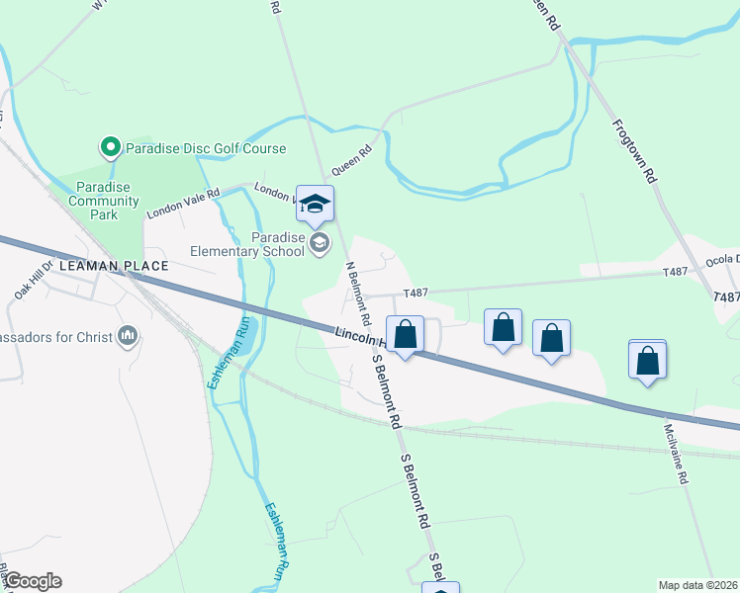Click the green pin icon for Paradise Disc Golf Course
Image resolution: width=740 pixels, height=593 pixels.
coord(110,148)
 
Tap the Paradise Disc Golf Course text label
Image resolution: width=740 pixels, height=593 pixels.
coord(205,149)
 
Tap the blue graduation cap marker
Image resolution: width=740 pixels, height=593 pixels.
coord(315,204)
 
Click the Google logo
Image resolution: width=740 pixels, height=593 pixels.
coord(33,581)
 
